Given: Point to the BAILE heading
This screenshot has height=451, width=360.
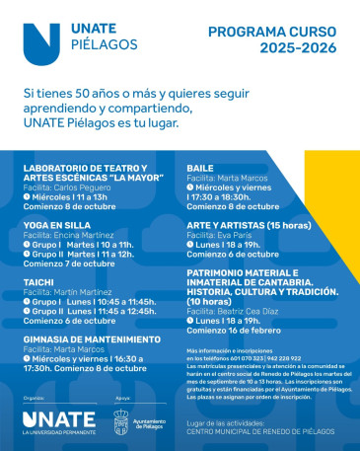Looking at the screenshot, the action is coord(200,168).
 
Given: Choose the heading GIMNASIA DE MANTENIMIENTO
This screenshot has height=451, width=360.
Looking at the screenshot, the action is coord(91,338).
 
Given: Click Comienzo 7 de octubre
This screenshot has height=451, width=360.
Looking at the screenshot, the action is coord(69,263).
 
